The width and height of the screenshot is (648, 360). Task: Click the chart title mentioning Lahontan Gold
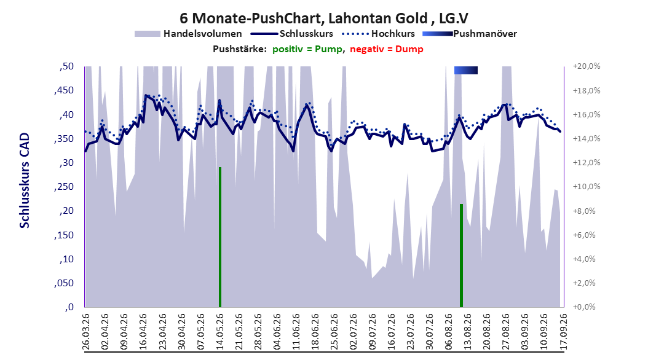323,18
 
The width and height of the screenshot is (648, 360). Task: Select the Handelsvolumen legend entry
188,34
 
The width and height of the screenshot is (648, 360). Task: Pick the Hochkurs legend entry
378,34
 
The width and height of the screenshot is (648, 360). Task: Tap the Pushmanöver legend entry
470,34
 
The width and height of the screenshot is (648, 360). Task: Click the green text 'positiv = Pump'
307,49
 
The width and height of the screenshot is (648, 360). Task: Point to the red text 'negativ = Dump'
387,49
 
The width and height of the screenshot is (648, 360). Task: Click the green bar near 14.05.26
220,237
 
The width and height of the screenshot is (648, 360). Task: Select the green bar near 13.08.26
461,256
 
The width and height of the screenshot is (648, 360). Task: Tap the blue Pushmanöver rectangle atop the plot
466,70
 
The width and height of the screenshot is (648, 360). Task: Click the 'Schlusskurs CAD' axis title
25,181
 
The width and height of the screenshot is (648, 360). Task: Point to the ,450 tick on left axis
64,90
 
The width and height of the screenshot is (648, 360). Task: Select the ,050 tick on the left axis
64,283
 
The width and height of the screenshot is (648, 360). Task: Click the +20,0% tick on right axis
587,66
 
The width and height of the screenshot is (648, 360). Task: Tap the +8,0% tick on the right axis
585,211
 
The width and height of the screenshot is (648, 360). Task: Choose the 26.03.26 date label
86,332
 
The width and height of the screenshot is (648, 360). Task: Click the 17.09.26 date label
563,332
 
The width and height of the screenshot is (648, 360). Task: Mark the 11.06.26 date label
296,332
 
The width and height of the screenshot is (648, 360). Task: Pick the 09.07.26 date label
373,332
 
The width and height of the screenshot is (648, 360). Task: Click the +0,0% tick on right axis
585,307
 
